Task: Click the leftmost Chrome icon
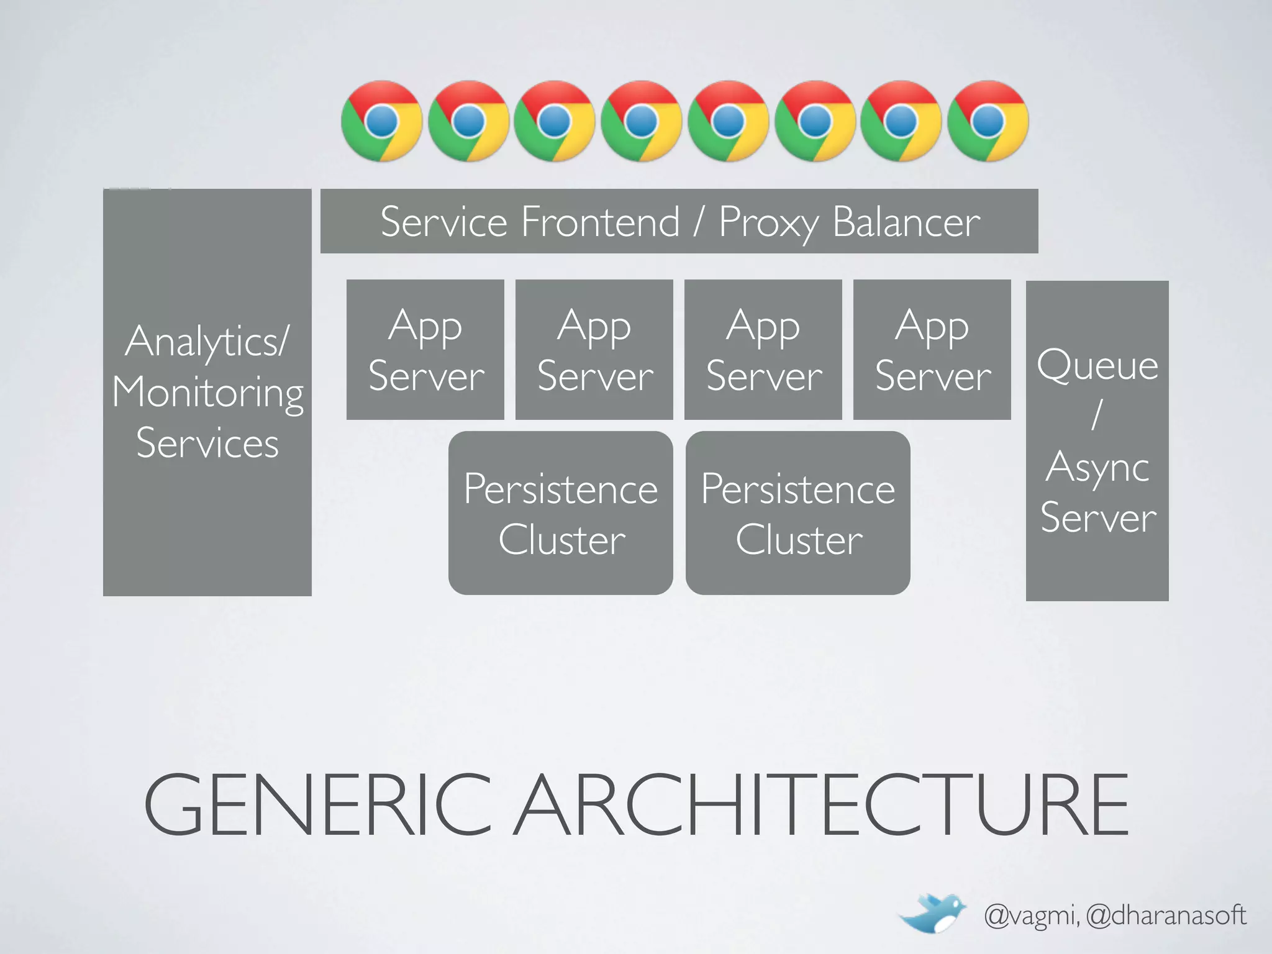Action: [x=381, y=121]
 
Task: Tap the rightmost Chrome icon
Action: [x=988, y=121]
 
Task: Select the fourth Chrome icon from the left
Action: [x=641, y=121]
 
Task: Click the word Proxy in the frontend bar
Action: [x=768, y=222]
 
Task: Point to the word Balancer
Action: [x=906, y=222]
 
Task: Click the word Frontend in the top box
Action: [x=600, y=222]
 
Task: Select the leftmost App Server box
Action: [x=425, y=350]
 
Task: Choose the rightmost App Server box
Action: [x=932, y=350]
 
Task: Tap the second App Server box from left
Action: [x=594, y=350]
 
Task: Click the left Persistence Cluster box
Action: [x=561, y=513]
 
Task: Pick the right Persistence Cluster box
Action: [x=798, y=513]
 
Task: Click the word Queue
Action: [x=1097, y=365]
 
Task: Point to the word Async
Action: [x=1097, y=467]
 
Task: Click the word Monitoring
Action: [x=208, y=393]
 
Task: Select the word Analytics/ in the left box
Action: [x=208, y=342]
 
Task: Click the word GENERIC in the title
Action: [x=317, y=805]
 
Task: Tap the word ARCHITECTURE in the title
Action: [x=824, y=805]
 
